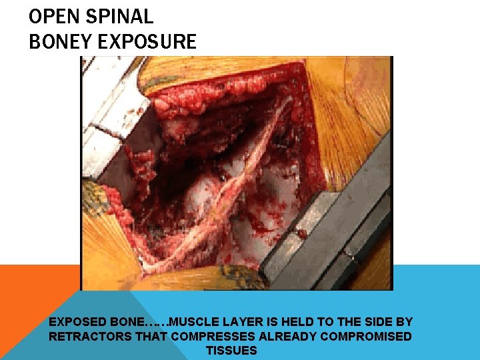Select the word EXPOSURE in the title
click(x=147, y=42)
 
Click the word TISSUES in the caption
click(x=231, y=351)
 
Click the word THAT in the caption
click(x=152, y=337)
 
